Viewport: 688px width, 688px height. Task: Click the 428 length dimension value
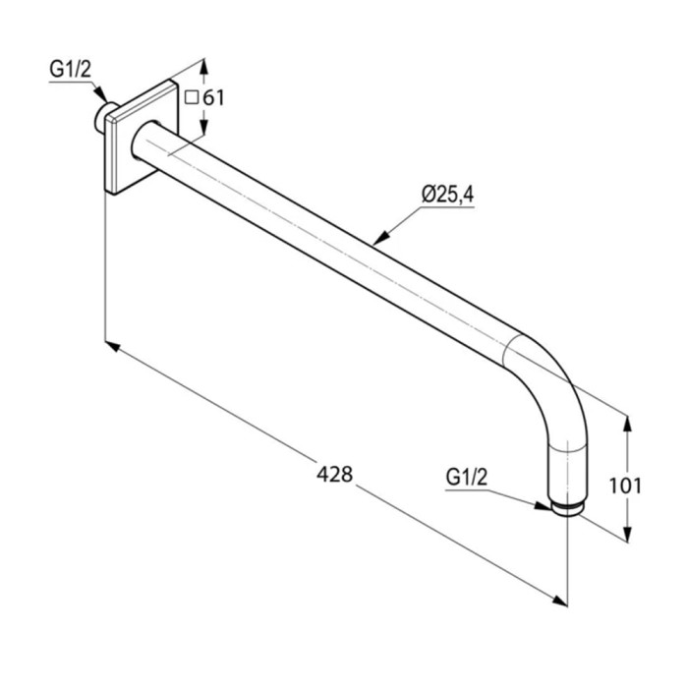[335, 475]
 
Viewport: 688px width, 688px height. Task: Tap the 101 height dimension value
[625, 486]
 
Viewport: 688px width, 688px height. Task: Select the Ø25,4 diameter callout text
[448, 195]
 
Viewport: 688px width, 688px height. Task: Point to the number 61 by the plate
[213, 98]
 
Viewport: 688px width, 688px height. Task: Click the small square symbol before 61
[192, 97]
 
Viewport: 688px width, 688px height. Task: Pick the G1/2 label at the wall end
[70, 70]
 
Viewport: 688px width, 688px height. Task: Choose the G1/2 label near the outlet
[467, 478]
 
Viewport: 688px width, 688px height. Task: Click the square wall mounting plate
[142, 137]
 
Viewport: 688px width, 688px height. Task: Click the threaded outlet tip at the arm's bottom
[569, 510]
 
